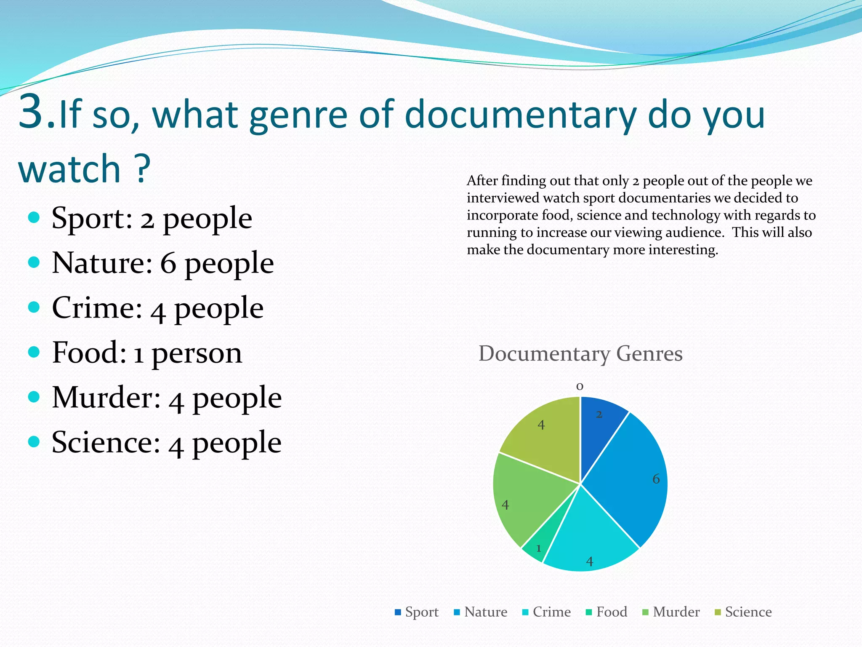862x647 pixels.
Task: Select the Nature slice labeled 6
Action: tap(631, 480)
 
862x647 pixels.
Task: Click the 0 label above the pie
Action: tap(580, 386)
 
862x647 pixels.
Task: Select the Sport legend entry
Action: tap(417, 612)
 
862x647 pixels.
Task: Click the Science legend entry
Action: tap(743, 612)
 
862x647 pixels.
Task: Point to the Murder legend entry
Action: tap(671, 612)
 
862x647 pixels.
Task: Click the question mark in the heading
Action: tap(143, 168)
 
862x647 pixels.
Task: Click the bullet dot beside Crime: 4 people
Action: tap(34, 307)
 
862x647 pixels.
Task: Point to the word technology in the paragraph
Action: tap(684, 215)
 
